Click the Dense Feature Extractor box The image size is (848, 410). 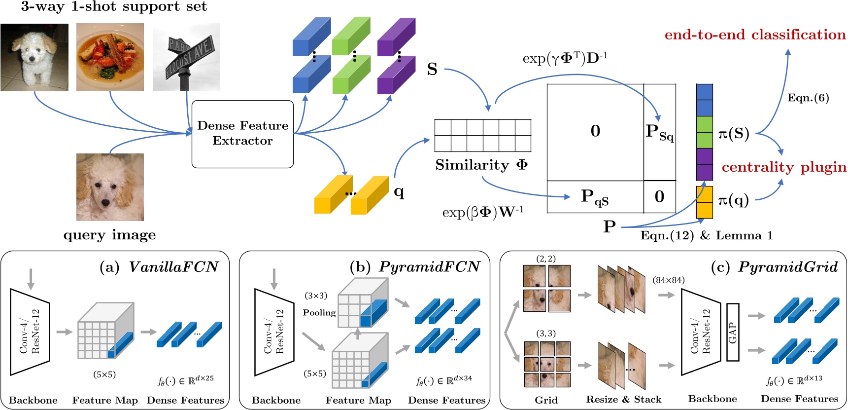pos(242,134)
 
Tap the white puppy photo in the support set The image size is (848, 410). pos(34,57)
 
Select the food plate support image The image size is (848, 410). pos(110,57)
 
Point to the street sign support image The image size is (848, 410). pos(186,57)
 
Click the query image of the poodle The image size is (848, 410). pos(110,187)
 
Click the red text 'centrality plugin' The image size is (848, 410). pos(783,167)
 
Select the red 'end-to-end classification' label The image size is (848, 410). pos(755,35)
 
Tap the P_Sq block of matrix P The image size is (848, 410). pos(659,132)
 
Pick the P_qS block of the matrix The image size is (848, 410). pos(595,197)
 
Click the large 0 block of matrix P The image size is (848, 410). pos(595,131)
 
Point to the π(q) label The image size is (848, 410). pos(733,200)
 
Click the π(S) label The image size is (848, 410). pos(733,134)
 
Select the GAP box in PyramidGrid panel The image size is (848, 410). pos(733,332)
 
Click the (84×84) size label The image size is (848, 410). pos(668,280)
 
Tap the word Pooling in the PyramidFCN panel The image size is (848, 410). pos(319,313)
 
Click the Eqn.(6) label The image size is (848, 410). pos(808,98)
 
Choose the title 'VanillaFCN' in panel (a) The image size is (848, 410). pos(173,267)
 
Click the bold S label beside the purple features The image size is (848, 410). pos(432,70)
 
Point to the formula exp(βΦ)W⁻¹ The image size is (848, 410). pos(482,213)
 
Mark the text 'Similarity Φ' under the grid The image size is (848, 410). pos(481,165)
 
